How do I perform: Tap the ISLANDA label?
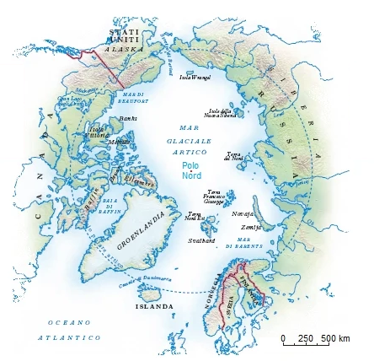[154, 306]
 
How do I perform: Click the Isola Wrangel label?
[195, 78]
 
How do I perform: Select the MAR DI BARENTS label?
[249, 242]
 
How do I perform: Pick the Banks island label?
[127, 118]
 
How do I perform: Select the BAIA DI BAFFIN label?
[111, 206]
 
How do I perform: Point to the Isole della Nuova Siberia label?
[221, 112]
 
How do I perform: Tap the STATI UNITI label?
[119, 35]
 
